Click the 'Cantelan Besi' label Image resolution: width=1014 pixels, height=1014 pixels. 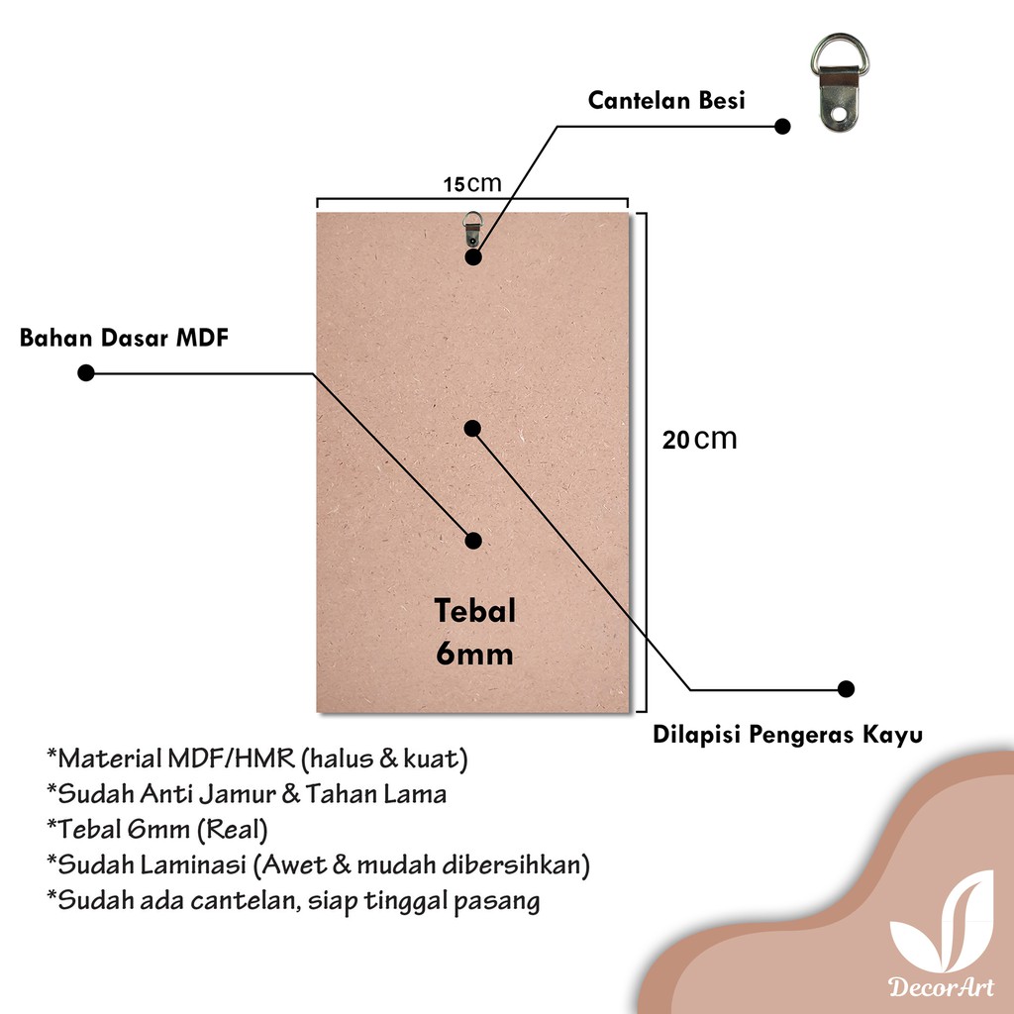click(666, 100)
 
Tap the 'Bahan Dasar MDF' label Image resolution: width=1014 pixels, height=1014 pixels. click(124, 338)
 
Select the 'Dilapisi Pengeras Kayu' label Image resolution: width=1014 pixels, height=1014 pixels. click(788, 735)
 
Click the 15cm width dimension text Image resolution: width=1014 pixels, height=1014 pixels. click(472, 184)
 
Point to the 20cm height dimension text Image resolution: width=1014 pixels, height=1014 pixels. click(700, 439)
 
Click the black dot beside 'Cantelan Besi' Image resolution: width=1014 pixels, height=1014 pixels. click(782, 127)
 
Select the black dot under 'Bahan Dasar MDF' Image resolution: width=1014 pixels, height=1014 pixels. click(86, 373)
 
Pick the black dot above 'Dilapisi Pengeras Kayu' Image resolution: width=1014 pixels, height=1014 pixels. click(846, 688)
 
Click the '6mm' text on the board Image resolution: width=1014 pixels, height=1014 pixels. click(474, 654)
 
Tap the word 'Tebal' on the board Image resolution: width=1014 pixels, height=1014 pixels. click(474, 611)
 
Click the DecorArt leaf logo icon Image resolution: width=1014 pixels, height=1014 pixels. click(941, 921)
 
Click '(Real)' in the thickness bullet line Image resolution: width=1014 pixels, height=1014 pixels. click(235, 829)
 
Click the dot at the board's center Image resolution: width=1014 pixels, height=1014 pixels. click(472, 428)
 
